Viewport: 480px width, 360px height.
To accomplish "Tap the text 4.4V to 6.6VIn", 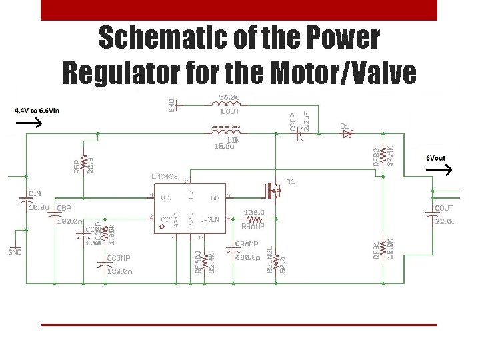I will point(37,110).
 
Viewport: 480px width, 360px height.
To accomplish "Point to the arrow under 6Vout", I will point(438,170).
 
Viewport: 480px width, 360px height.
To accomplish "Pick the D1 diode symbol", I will point(346,134).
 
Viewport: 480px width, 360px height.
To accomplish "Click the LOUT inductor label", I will point(230,111).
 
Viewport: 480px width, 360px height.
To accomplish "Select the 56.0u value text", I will point(230,97).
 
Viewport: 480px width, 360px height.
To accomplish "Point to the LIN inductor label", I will point(233,140).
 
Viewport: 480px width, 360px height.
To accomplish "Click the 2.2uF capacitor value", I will point(307,121).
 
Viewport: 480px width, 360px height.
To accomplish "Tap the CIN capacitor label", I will point(35,194).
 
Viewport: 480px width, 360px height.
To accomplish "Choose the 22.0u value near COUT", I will point(444,221).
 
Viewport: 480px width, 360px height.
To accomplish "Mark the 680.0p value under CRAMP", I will point(247,258).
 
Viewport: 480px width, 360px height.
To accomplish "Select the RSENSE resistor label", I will point(270,261).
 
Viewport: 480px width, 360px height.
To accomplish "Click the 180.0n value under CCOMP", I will point(120,271).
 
